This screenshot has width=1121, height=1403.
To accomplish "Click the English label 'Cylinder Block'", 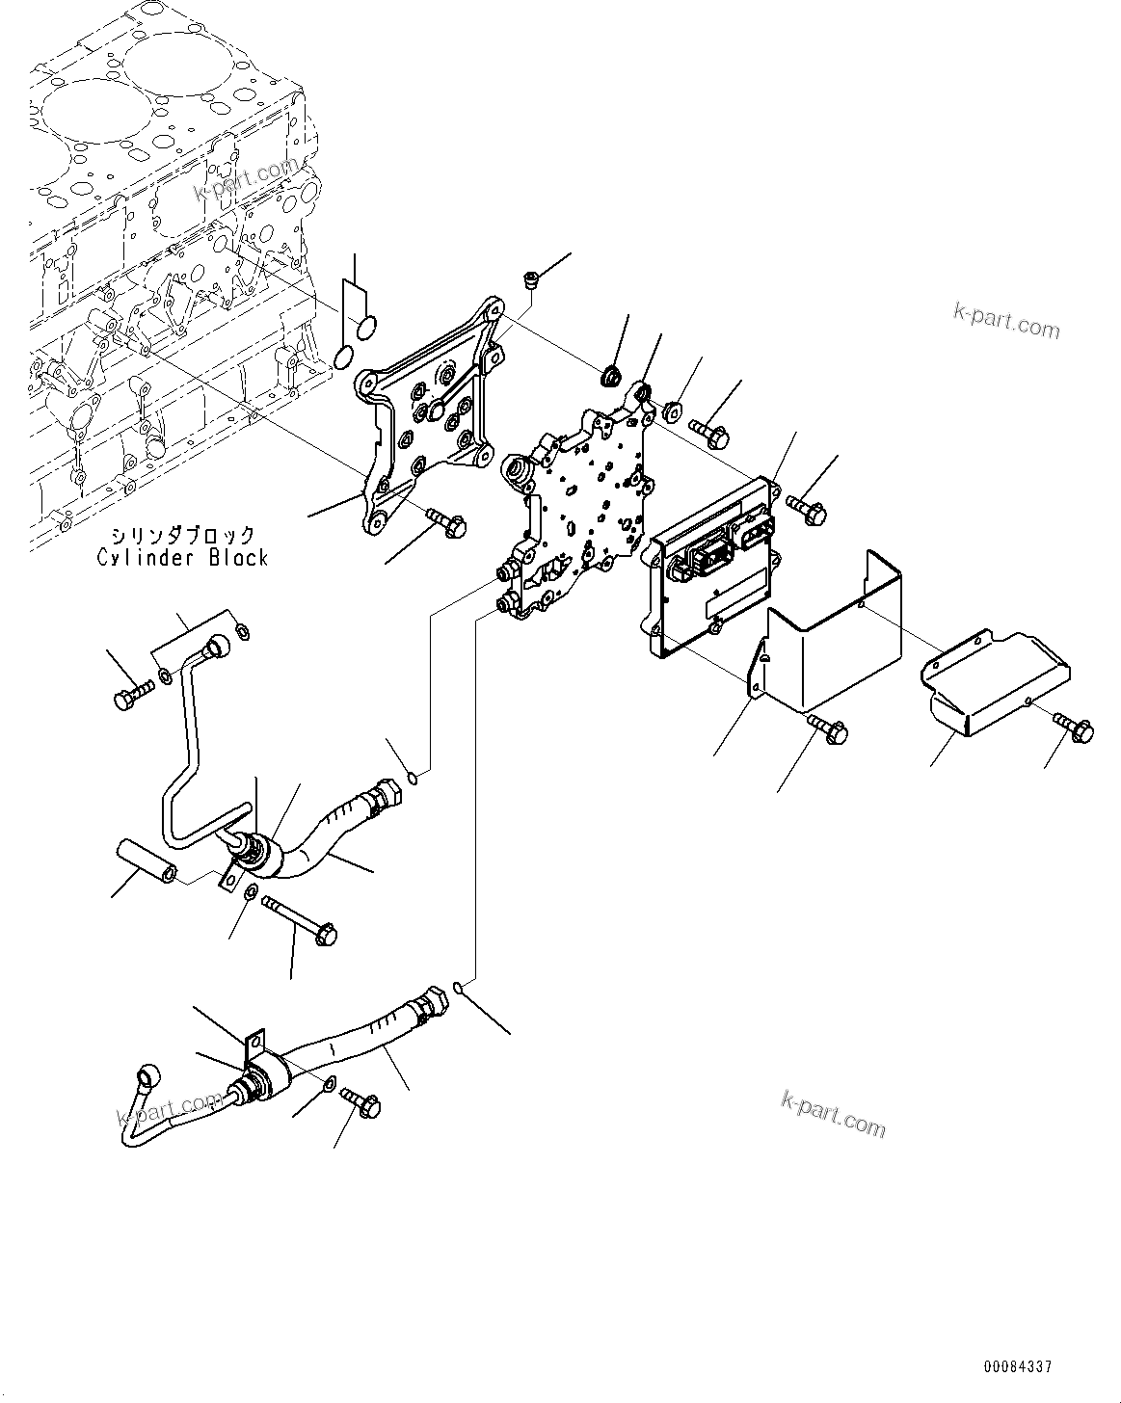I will (x=182, y=557).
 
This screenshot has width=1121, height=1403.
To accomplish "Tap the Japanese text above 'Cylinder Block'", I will (x=182, y=535).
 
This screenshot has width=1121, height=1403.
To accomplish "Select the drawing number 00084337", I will (x=1018, y=1366).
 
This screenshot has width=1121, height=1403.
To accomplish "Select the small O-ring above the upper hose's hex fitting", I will (x=413, y=777).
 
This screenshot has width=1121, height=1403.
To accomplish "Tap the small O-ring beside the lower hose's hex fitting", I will (x=460, y=988).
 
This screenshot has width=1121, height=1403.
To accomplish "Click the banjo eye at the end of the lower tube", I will (x=150, y=1074).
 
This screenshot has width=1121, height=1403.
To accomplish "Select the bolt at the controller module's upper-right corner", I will (x=806, y=510).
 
